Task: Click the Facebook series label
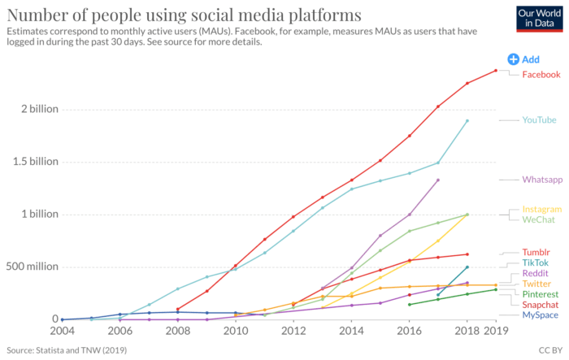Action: [x=541, y=75]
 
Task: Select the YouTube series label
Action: [x=539, y=120]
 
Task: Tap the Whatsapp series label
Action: [x=542, y=180]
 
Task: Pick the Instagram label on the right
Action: [x=541, y=209]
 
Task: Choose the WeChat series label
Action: [x=537, y=219]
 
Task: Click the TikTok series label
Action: [x=535, y=262]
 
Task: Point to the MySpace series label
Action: [x=540, y=314]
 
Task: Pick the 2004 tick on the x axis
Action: [x=63, y=332]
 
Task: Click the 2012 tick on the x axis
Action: [x=293, y=332]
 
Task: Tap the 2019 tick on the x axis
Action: [x=496, y=332]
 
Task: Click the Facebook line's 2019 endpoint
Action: [x=496, y=70]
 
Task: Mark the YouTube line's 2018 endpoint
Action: [x=467, y=121]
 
